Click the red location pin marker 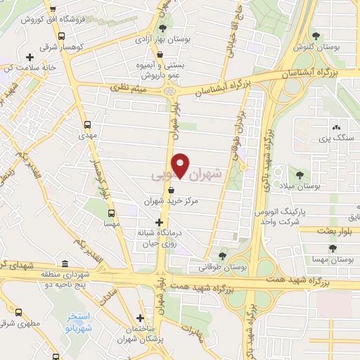181,165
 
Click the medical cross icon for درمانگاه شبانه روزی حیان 160,223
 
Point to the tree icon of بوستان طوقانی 222,255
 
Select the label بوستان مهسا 335,261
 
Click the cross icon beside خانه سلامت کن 29,57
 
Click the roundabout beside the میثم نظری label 169,91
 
